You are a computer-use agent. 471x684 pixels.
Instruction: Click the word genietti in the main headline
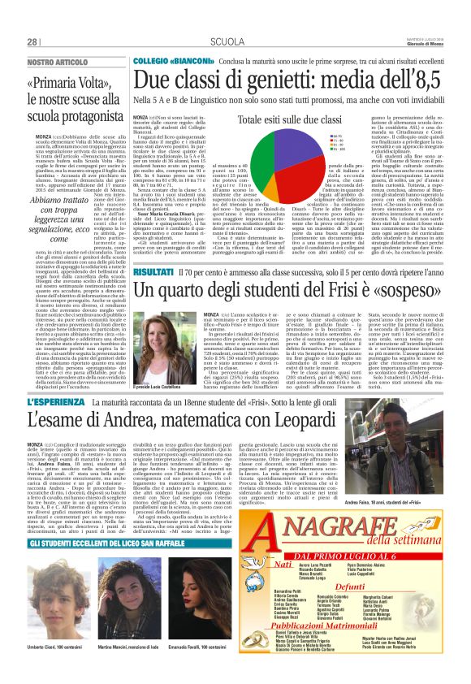click(275, 79)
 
